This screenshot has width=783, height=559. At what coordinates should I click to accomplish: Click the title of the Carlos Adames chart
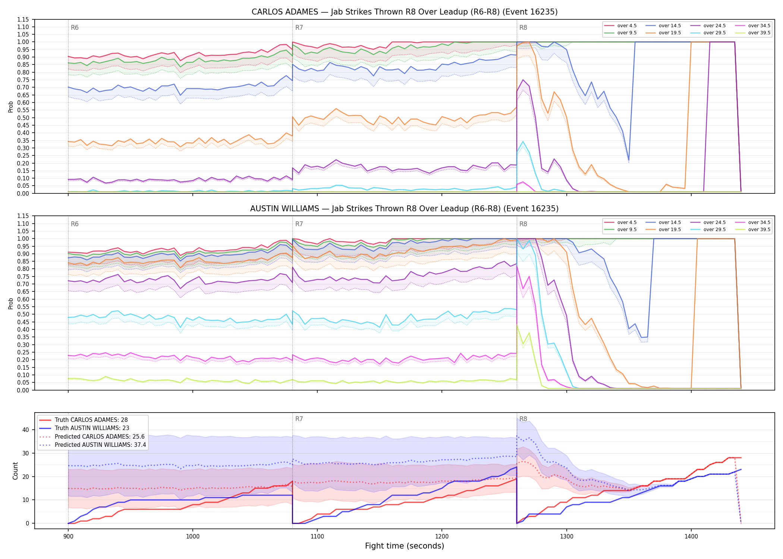tap(405, 12)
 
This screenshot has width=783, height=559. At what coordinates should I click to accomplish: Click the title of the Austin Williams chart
tap(404, 209)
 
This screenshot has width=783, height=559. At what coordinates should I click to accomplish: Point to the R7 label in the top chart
tap(299, 28)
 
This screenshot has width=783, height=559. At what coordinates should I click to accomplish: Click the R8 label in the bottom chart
tap(523, 419)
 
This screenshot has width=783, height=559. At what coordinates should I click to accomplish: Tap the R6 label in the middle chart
tap(75, 224)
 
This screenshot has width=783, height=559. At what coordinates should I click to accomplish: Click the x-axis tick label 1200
tap(442, 537)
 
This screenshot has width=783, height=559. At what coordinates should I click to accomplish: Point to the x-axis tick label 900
tap(68, 537)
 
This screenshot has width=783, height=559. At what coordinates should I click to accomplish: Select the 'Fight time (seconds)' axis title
tap(405, 546)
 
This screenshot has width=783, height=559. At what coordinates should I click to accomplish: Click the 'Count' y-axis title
tap(15, 471)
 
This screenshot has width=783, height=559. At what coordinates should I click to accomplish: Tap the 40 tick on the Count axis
tap(25, 430)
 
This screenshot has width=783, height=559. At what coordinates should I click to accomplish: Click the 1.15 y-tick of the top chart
tap(23, 19)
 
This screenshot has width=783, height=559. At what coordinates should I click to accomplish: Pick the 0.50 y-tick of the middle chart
tap(23, 315)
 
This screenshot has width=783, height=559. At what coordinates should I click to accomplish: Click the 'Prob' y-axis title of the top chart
tap(11, 107)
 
